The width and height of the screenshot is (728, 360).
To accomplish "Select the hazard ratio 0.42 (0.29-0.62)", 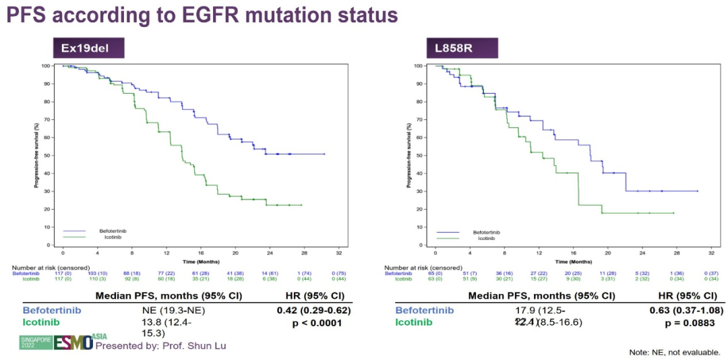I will (313, 311).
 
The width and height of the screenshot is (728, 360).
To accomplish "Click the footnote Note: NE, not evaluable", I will (675, 351).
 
